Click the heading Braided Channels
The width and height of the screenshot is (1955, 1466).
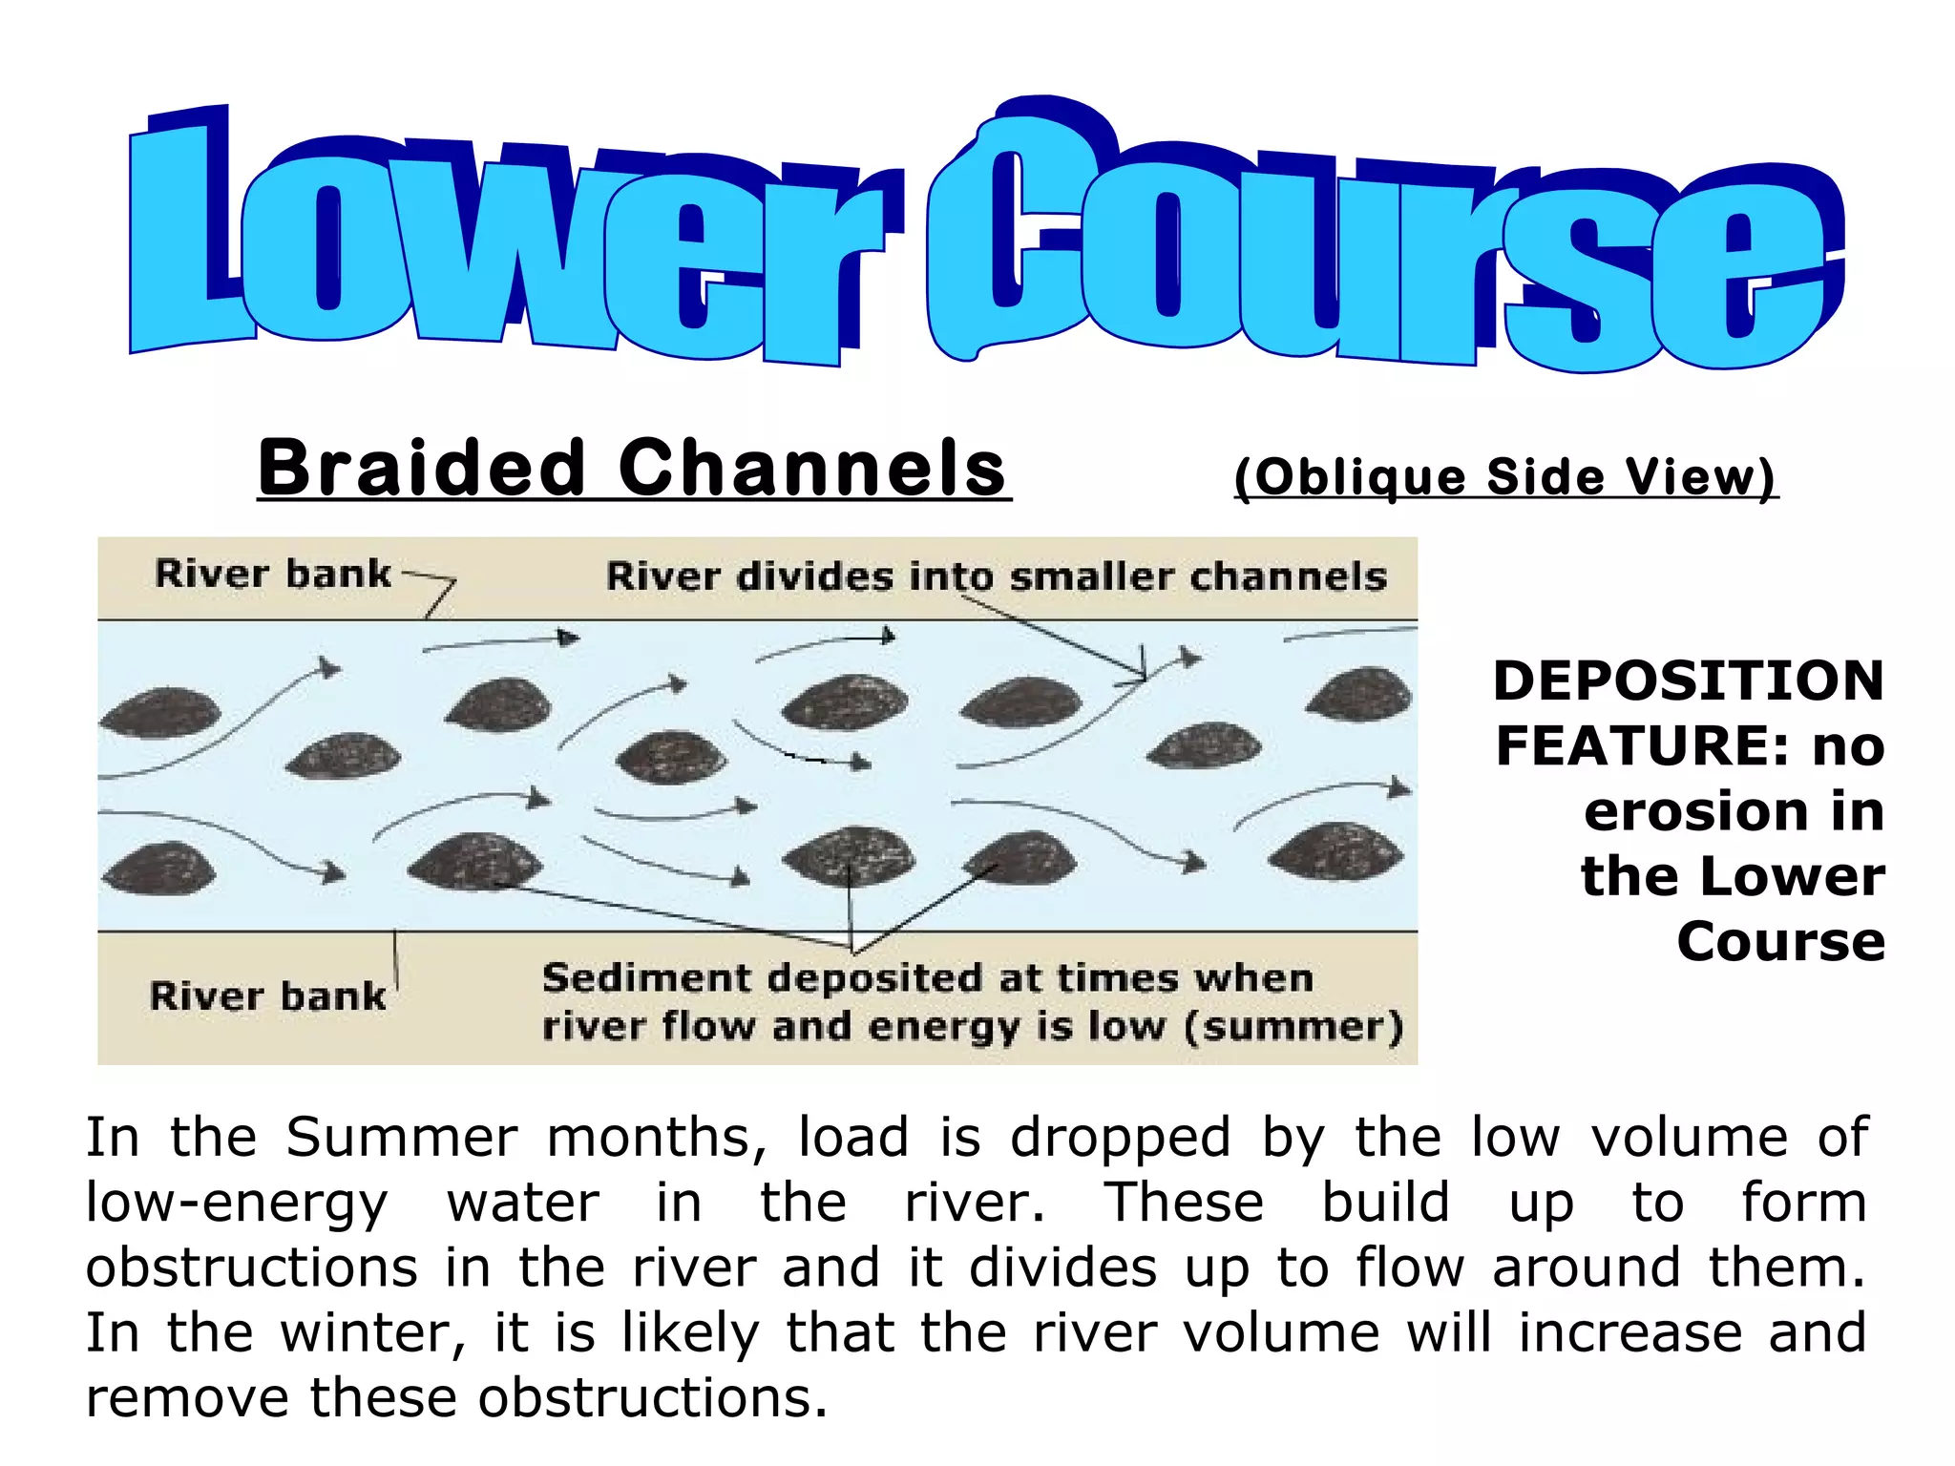point(633,468)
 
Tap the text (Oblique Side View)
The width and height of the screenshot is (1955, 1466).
point(1505,475)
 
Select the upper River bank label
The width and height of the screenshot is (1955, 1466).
point(273,575)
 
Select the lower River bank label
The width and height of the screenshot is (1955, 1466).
point(268,996)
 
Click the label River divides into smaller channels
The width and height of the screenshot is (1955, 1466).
point(996,576)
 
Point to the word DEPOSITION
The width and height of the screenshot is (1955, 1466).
point(1689,681)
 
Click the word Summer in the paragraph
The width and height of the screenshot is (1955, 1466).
point(402,1138)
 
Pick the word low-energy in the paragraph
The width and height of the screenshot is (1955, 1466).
point(237,1204)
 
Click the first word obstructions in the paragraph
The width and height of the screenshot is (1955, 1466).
point(252,1268)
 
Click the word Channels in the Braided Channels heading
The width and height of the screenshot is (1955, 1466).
point(812,468)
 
